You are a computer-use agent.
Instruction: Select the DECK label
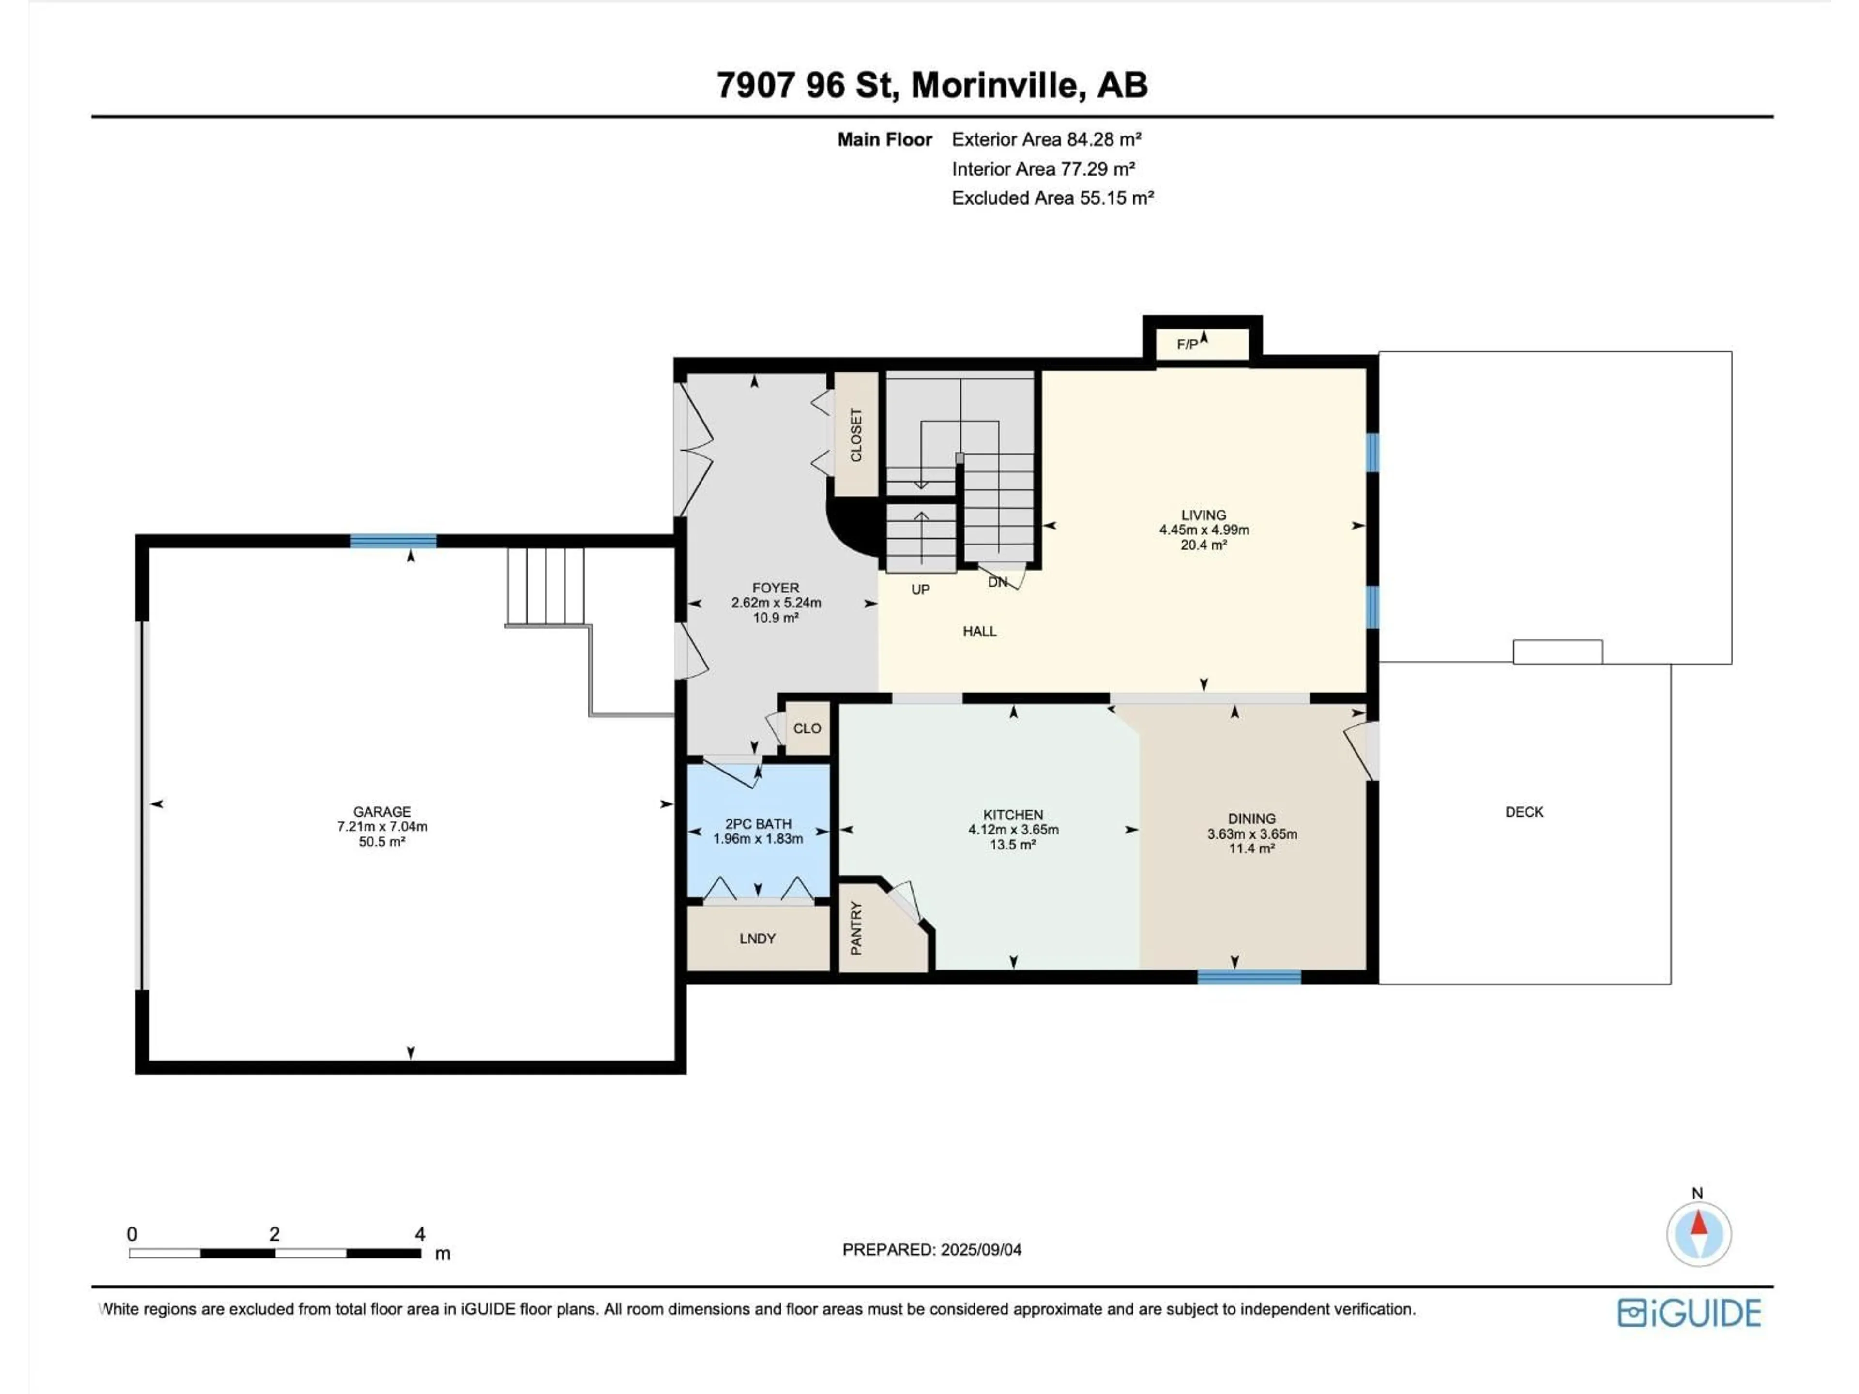coord(1524,812)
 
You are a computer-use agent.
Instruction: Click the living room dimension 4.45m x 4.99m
coord(1204,530)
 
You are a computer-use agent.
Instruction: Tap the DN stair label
coord(997,581)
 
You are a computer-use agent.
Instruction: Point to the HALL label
coord(979,631)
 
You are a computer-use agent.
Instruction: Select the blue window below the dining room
coord(1249,976)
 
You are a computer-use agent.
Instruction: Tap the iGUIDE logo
coord(1689,1313)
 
